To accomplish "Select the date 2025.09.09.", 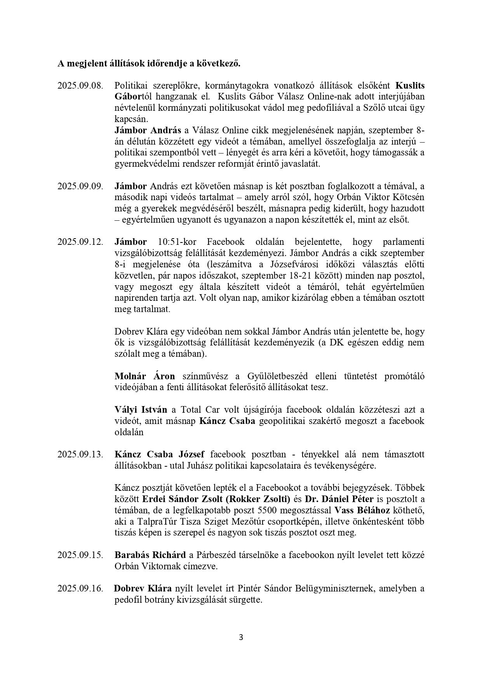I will (x=80, y=186).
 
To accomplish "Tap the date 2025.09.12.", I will (x=80, y=242).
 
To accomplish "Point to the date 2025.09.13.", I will (x=80, y=454).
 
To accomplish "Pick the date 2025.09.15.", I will (x=80, y=555).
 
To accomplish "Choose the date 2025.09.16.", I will (x=80, y=588).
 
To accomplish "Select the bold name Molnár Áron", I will (x=144, y=376).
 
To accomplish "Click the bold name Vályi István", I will (x=141, y=410).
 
